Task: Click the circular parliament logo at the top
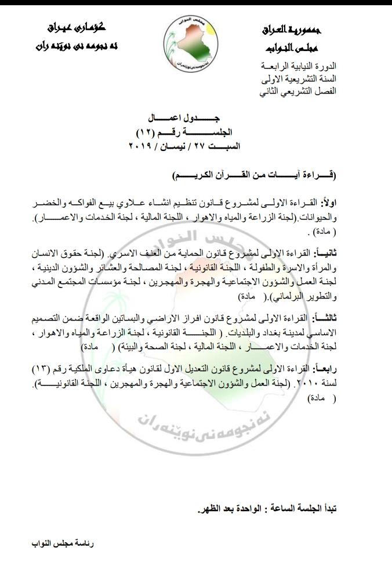click(192, 40)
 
